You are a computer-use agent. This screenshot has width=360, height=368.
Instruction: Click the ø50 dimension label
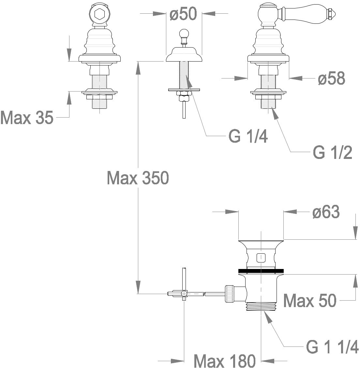(183, 14)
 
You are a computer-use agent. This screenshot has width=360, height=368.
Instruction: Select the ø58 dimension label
(332, 78)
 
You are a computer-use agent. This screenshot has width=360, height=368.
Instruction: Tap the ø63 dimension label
(326, 212)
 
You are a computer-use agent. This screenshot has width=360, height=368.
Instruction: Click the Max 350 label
(138, 178)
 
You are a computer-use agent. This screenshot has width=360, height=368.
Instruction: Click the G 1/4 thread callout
(248, 136)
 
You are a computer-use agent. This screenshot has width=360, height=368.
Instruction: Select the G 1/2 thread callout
(333, 152)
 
